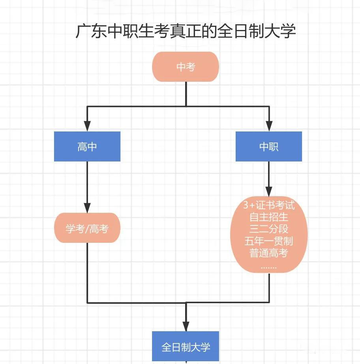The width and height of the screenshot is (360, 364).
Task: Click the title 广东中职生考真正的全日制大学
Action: point(186,31)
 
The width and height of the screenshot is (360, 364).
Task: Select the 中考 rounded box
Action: point(186,67)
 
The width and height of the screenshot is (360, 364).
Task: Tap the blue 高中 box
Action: point(87,146)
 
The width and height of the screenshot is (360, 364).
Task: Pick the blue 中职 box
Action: point(269,146)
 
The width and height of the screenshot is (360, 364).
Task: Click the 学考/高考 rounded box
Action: point(87,228)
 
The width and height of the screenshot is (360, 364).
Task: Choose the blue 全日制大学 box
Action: point(186,346)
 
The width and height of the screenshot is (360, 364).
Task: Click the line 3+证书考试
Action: point(269,205)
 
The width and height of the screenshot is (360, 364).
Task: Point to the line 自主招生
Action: point(269,217)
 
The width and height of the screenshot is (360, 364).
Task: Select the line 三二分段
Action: point(269,229)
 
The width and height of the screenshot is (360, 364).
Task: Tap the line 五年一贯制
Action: point(269,241)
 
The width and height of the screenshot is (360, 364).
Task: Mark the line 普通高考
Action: point(269,253)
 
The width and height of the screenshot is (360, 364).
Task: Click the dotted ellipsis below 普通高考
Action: point(269,268)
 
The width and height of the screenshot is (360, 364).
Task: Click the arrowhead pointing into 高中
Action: point(87,126)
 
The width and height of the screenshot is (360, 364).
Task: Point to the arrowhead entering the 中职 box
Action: point(269,126)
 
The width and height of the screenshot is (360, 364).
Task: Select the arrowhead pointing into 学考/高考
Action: point(87,208)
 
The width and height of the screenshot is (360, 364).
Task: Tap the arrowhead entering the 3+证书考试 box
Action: point(269,191)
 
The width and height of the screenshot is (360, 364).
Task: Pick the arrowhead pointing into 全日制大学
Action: point(186,326)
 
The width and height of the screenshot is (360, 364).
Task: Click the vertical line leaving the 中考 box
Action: point(186,94)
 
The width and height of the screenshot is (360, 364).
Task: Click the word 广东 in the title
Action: point(91,31)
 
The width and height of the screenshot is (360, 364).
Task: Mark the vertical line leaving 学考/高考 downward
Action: point(87,273)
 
